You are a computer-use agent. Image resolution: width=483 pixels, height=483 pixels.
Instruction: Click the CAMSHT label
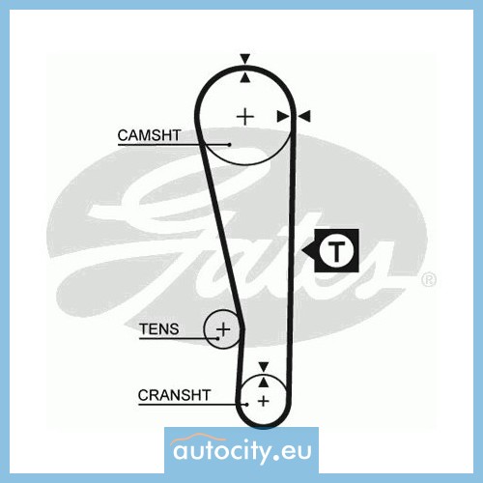(149, 135)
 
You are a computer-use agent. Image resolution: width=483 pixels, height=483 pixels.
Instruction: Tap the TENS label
(159, 329)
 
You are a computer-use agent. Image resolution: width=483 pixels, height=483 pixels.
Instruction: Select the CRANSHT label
(174, 395)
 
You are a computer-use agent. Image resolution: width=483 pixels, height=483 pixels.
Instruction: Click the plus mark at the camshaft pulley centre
(245, 116)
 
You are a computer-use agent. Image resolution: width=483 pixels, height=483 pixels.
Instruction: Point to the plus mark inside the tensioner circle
(223, 329)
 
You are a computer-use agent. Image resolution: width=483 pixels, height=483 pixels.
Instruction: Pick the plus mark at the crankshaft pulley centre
(264, 401)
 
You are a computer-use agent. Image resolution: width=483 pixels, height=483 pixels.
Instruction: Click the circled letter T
(336, 250)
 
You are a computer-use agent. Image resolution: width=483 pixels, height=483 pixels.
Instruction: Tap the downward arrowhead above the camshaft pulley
(245, 59)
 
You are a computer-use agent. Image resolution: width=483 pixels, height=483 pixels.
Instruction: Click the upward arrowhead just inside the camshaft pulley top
(245, 77)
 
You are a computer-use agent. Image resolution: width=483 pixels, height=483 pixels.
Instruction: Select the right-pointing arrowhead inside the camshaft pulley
(283, 116)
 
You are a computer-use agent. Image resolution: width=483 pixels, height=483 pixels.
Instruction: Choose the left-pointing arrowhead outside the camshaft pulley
(304, 116)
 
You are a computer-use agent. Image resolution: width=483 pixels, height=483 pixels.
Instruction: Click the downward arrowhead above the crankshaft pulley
(264, 367)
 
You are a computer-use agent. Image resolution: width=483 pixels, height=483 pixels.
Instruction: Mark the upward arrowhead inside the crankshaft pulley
(264, 382)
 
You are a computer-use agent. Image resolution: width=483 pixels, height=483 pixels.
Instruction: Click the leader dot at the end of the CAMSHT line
(229, 145)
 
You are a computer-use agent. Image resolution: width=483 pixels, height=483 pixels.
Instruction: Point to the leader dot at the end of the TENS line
(218, 338)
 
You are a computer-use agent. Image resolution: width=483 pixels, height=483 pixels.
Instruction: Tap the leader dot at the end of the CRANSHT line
(247, 405)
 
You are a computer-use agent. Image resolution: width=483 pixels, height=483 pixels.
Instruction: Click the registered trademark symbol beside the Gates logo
(429, 280)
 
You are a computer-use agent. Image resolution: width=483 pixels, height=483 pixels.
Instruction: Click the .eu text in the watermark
(292, 452)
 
